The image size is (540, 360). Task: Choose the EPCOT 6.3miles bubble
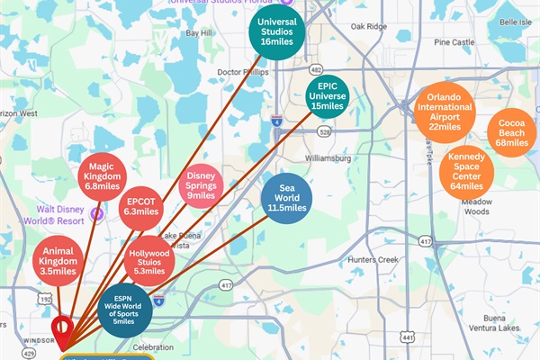141,205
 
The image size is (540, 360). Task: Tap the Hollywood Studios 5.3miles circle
148,261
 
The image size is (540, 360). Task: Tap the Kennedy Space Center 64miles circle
466,174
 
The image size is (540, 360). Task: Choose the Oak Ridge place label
368,26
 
